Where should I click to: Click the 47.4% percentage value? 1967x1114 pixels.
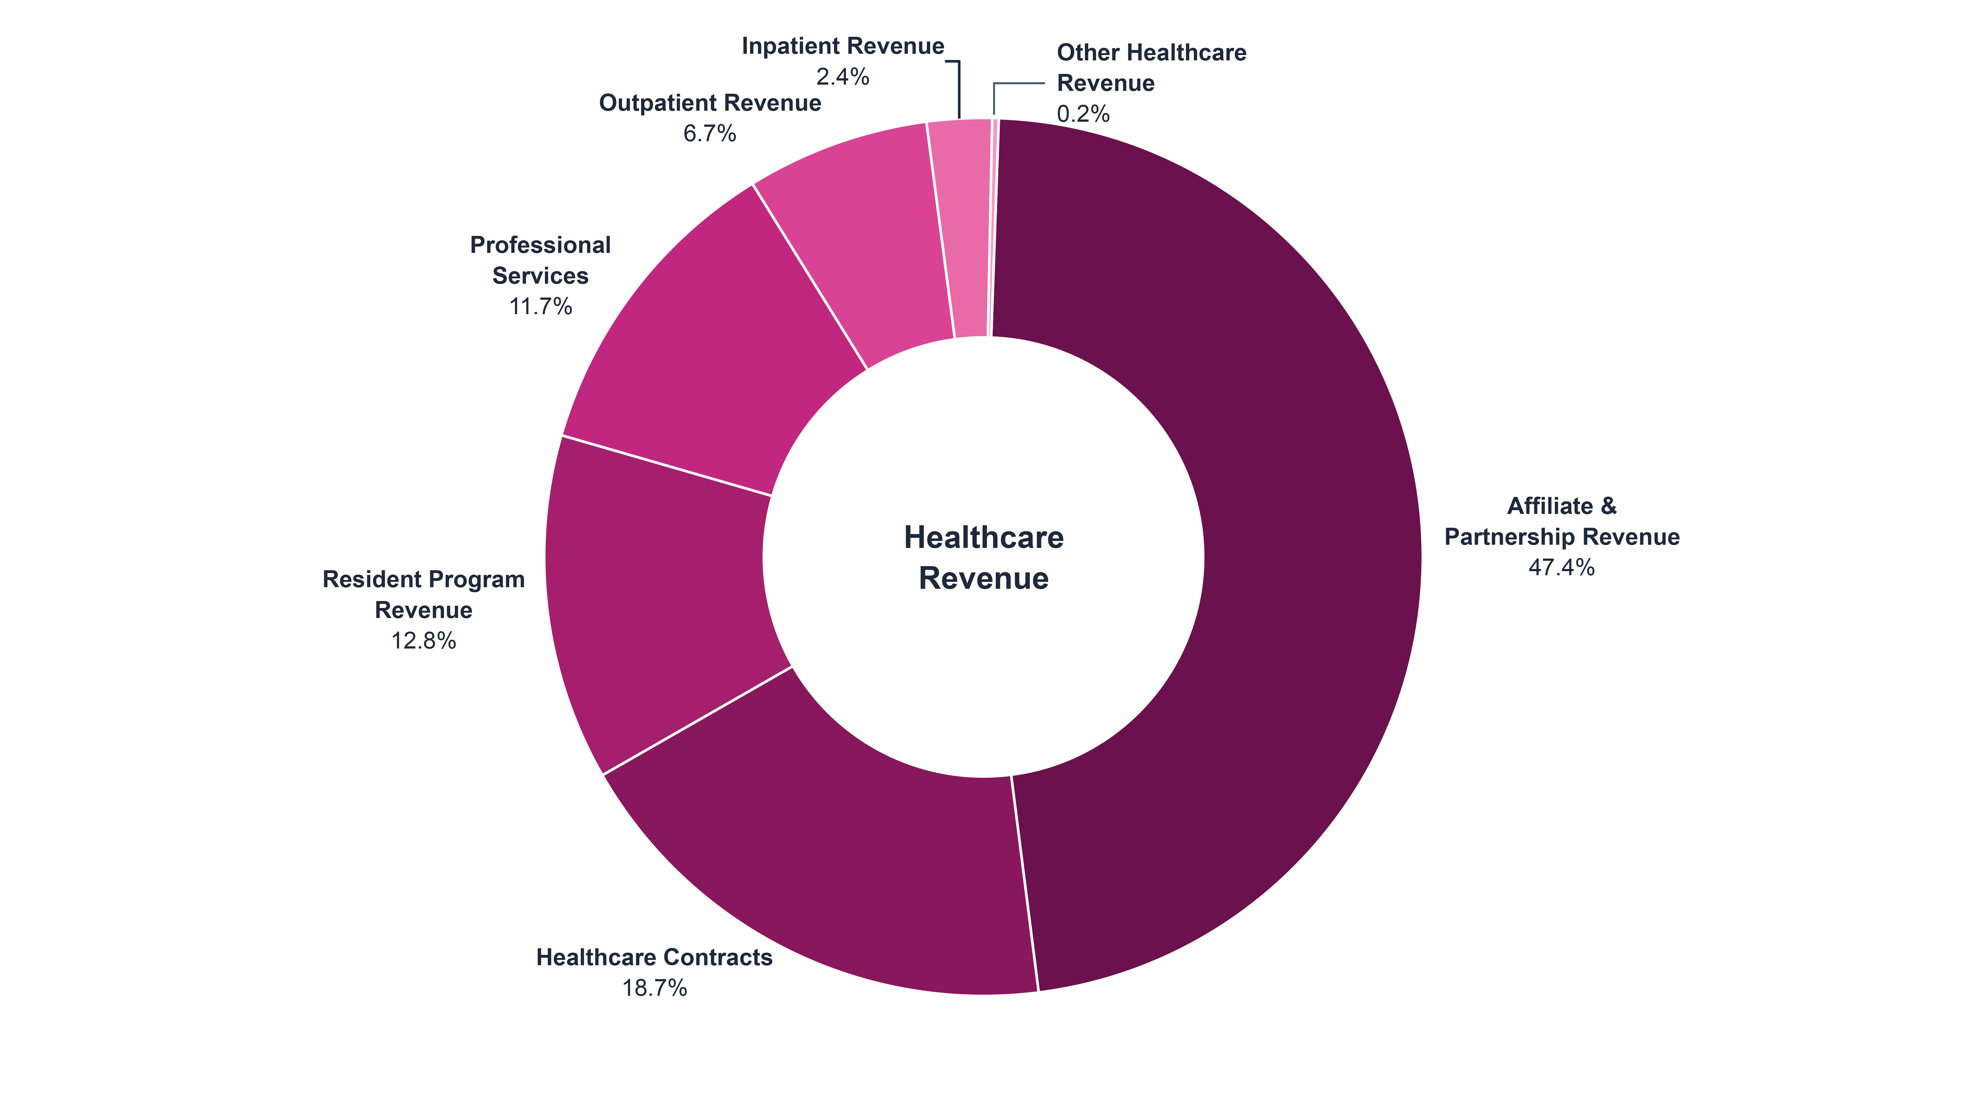click(1561, 568)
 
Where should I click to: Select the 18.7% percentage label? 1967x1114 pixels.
click(654, 989)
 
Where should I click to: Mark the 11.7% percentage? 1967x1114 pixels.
click(540, 307)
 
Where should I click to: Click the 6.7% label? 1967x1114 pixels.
click(709, 134)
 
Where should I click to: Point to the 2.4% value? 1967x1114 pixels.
click(843, 76)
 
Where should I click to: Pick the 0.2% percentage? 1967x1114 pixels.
click(1083, 114)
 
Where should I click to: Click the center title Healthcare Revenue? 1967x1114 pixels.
click(983, 558)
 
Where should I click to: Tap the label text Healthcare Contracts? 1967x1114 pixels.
click(654, 957)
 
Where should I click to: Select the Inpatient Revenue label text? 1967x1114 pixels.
click(843, 46)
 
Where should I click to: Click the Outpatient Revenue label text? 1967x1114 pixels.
click(709, 103)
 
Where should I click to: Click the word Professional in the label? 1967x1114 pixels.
click(540, 245)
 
